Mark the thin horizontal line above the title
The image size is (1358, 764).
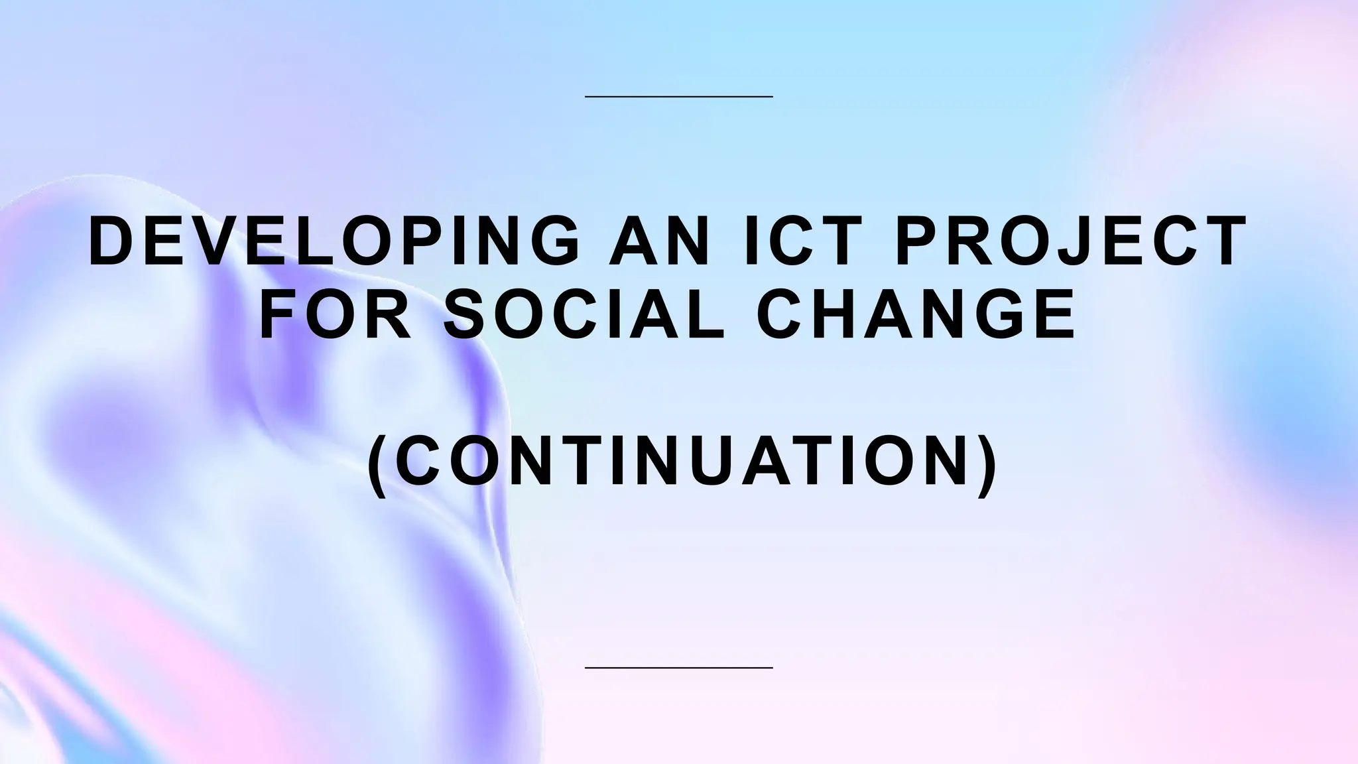(x=679, y=97)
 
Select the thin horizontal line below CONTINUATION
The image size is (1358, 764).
(x=679, y=667)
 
